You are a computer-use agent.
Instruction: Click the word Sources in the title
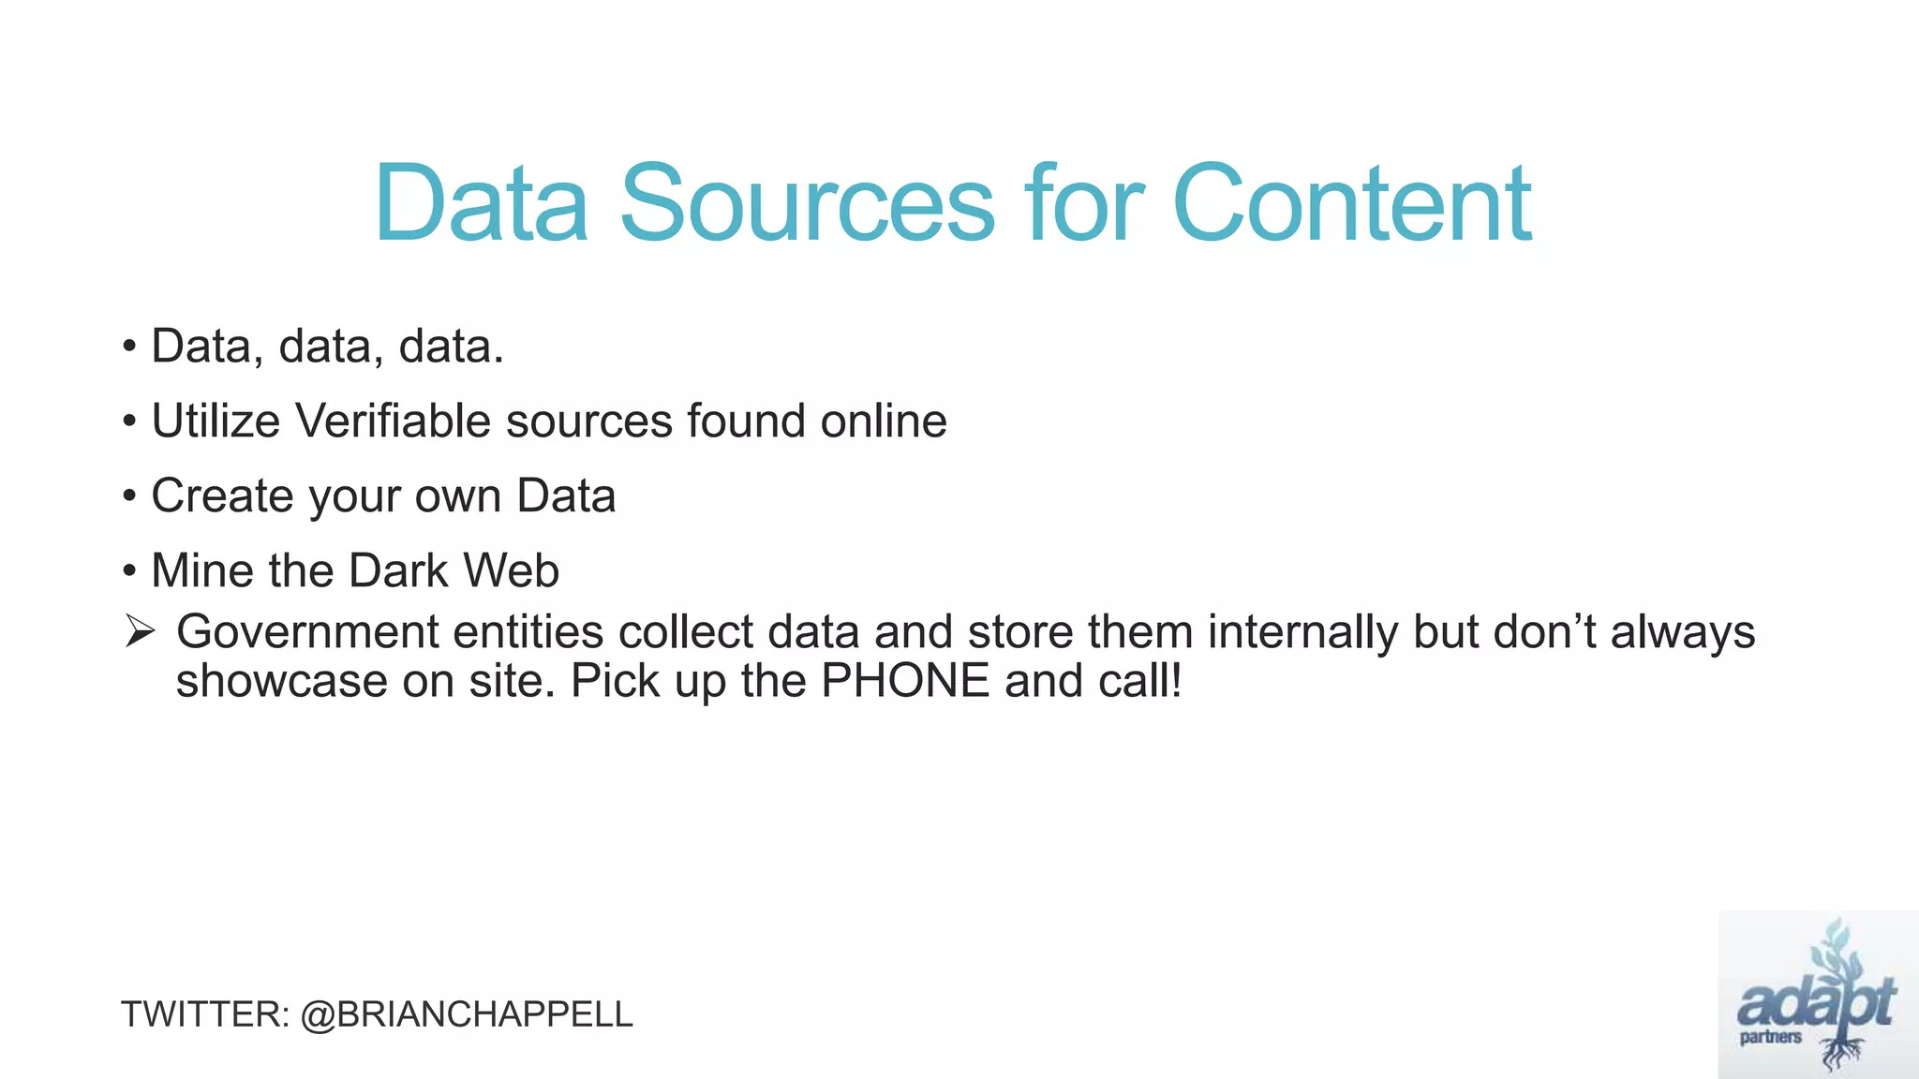click(x=807, y=203)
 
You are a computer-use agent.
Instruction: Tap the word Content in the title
click(x=1351, y=203)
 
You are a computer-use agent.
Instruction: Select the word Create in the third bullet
click(x=222, y=495)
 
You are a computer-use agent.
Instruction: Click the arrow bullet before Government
click(x=139, y=632)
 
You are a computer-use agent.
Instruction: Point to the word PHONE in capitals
click(x=905, y=681)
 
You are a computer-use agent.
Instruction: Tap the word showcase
click(x=281, y=681)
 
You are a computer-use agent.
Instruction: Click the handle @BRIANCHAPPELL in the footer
click(x=467, y=1014)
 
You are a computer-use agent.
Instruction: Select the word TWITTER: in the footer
click(x=205, y=1014)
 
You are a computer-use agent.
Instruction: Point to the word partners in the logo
click(x=1770, y=1038)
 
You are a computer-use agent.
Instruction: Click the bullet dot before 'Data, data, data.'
click(x=129, y=347)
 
